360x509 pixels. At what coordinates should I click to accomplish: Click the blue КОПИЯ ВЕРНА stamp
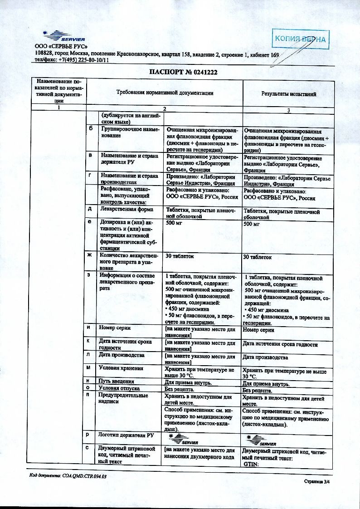pos(300,39)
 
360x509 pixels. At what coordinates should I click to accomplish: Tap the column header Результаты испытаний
pos(288,94)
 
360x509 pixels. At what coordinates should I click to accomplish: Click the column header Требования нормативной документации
pos(165,93)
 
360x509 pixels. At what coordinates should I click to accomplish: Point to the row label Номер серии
pos(115,328)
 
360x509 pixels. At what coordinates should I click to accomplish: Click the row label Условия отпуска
pos(119,389)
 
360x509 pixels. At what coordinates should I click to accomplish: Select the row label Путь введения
pos(117,382)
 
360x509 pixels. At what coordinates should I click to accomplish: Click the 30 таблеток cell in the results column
pos(257,257)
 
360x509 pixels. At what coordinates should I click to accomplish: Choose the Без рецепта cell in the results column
pos(257,390)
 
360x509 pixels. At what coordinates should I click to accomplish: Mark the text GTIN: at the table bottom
pos(250,465)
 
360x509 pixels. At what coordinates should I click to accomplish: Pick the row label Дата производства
pos(122,355)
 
